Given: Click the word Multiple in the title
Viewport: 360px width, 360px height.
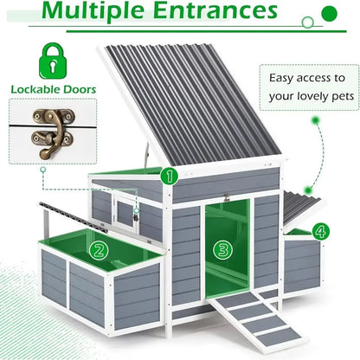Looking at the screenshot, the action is [x=93, y=10].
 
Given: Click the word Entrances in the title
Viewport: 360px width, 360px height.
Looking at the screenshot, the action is [x=215, y=10].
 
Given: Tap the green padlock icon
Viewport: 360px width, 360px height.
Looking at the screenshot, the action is [x=53, y=61].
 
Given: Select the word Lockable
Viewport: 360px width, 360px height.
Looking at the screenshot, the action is [x=35, y=89].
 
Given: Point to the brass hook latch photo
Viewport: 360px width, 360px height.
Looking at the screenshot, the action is [x=53, y=132].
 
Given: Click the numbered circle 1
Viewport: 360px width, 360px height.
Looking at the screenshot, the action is [x=170, y=176].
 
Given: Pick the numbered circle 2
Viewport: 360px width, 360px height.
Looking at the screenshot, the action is [x=99, y=250].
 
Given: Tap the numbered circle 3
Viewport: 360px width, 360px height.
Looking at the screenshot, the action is [x=222, y=249].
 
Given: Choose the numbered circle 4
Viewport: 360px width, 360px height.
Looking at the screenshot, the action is [x=321, y=231].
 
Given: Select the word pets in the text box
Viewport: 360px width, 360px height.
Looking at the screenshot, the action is [x=343, y=97].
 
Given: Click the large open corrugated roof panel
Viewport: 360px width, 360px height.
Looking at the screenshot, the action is [x=190, y=104].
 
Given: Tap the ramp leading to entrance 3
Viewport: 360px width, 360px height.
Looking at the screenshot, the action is [x=256, y=318].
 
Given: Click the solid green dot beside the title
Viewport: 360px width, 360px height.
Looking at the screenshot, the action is [x=329, y=14].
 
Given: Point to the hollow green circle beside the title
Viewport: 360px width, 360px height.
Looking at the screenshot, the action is [x=307, y=22].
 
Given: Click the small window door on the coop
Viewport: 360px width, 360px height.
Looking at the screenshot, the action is [x=125, y=213].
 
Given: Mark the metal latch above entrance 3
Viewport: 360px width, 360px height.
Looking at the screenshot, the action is [x=227, y=198].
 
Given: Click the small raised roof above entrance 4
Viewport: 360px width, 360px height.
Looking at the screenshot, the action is [x=302, y=209].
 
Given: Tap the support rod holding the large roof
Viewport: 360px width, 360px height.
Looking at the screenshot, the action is [x=147, y=155].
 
